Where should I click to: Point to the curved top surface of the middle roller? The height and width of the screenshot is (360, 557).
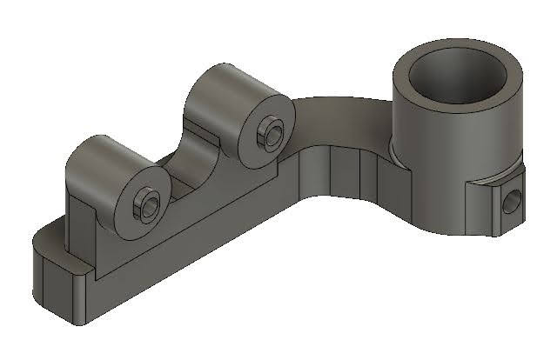coord(221,86)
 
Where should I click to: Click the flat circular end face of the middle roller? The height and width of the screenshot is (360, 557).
coord(265,130)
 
